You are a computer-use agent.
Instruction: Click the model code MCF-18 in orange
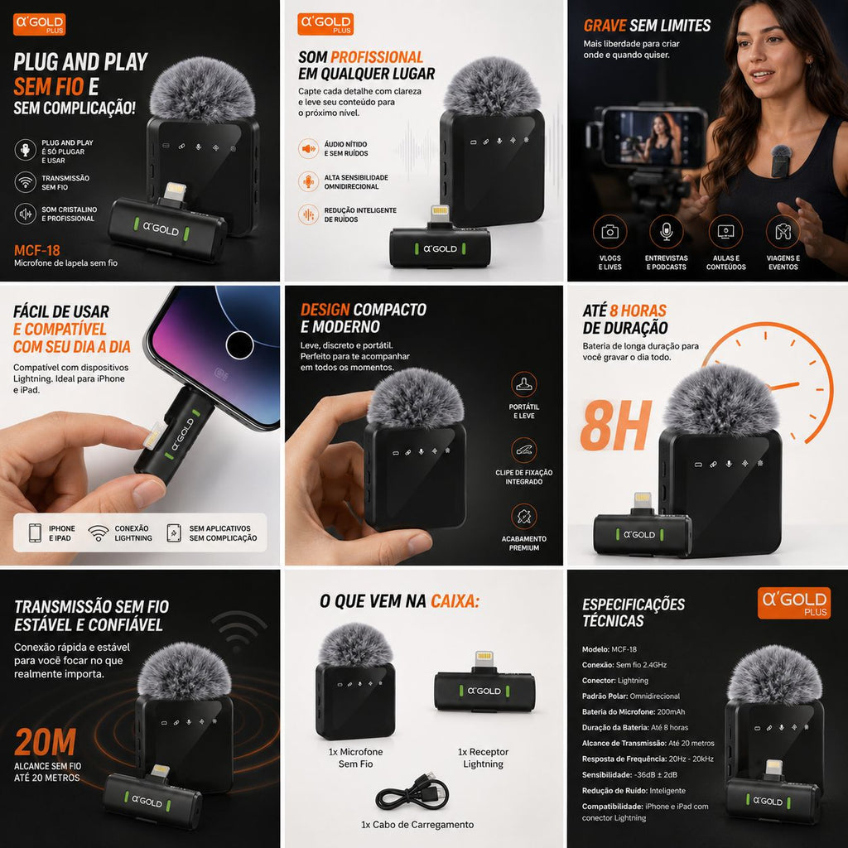[36, 250]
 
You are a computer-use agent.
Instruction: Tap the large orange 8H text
[615, 426]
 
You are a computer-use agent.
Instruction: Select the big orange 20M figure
[46, 742]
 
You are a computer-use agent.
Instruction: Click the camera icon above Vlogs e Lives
[610, 232]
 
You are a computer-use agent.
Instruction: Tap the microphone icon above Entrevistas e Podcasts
[667, 232]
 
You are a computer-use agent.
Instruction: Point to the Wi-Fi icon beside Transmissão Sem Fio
[26, 182]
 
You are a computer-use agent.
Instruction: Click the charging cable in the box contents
[412, 793]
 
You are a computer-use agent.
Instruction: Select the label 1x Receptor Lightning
[483, 758]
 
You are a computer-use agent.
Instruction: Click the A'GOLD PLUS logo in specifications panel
[794, 603]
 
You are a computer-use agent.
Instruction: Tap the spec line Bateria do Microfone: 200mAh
[634, 711]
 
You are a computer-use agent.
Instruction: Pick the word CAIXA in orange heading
[455, 601]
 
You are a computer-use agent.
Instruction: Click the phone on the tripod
[654, 137]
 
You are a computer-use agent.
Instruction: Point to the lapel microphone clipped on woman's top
[781, 161]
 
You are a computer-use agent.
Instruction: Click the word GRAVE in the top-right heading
[605, 26]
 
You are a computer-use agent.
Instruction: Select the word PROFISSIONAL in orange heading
[377, 57]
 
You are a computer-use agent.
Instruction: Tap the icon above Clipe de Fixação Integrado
[524, 450]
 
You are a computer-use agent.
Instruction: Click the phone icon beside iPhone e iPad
[35, 532]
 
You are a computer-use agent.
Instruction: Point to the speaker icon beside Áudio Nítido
[308, 148]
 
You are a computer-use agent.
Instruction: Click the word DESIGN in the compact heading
[325, 310]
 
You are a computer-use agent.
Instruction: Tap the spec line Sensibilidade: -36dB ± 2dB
[629, 774]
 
